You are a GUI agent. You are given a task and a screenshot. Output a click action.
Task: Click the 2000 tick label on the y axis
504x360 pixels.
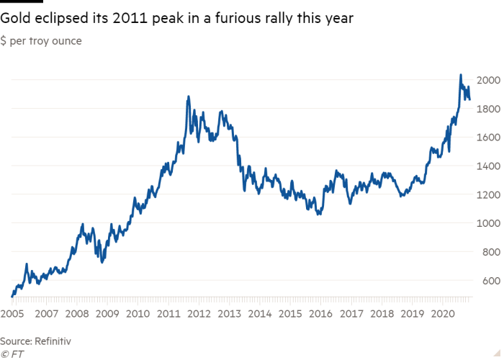488,80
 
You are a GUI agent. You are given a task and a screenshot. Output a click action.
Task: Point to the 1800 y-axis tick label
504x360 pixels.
488,109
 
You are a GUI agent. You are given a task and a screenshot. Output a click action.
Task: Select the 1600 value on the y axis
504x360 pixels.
488,138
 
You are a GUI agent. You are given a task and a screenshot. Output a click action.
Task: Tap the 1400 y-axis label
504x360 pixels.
488,166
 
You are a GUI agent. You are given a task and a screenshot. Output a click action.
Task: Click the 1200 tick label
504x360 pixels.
488,194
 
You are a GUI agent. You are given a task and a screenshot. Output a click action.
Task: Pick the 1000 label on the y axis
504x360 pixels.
488,223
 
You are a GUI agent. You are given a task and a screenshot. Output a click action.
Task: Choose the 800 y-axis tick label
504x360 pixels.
490,252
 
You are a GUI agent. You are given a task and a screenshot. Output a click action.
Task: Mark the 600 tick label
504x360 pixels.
490,281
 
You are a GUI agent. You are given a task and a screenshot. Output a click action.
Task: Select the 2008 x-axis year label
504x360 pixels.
76,314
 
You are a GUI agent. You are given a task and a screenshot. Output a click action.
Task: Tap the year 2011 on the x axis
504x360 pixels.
168,314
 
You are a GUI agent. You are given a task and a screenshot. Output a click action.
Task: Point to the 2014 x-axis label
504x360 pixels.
258,314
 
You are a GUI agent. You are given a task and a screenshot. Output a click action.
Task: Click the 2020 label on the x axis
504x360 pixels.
441,314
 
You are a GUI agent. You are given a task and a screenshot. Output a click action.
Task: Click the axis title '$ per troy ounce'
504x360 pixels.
41,41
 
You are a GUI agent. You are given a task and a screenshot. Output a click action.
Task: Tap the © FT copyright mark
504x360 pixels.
12,354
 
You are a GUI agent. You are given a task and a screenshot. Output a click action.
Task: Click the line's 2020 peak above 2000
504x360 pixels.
460,74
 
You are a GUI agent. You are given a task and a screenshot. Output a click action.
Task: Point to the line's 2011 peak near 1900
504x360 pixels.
188,96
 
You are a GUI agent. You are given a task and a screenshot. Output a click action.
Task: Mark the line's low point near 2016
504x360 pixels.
318,214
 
